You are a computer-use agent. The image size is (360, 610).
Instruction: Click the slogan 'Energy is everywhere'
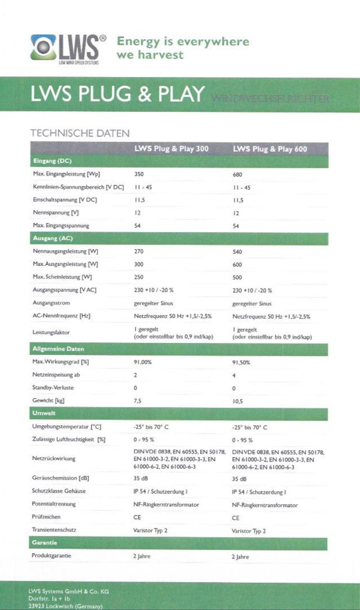pos(183,41)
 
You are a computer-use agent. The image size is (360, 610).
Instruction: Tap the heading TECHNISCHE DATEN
pos(80,133)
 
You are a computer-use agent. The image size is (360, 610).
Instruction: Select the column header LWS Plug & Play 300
pos(171,149)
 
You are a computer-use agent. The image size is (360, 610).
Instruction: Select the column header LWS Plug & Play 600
pos(270,149)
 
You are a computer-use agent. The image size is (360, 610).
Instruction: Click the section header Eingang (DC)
pos(52,161)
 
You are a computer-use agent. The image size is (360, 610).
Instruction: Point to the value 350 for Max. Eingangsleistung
pos(139,174)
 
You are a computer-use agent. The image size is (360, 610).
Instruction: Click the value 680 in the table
pos(237,175)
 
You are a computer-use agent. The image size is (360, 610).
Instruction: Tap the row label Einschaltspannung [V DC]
pos(65,200)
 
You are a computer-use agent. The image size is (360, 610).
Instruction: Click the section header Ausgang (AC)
pos(53,238)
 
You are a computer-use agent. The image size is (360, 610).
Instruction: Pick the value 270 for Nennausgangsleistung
pos(139,251)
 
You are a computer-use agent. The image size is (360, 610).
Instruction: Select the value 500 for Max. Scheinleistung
pos(237,277)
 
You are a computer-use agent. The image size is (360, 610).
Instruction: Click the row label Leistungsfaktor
pos(51,332)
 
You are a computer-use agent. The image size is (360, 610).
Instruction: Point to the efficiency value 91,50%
pos(241,362)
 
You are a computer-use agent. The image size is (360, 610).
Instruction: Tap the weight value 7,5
pos(137,401)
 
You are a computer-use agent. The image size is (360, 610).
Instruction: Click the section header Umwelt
pos(44,413)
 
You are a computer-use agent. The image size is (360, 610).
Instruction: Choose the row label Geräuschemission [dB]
pos(60,478)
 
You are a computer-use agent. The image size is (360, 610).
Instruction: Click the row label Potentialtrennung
pos(54,504)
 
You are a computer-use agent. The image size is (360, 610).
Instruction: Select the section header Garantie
pos(45,543)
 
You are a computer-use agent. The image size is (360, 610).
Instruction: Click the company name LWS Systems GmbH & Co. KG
pos(69,591)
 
